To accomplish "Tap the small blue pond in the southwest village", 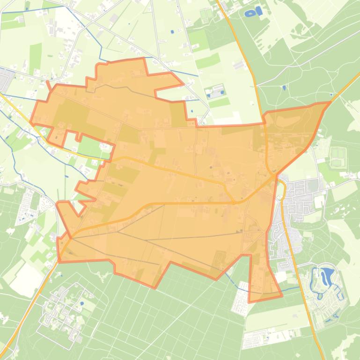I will tap(82, 303).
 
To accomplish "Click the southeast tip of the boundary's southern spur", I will tap(281, 296).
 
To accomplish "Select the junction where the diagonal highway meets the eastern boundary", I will tap(276, 176).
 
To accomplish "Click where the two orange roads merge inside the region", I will tap(234, 202).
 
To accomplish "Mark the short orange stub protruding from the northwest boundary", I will tap(49, 86).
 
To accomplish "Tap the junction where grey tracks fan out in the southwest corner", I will tap(72, 238).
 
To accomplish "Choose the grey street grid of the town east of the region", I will tap(300, 196).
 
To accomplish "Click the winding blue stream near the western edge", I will tap(14, 154).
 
